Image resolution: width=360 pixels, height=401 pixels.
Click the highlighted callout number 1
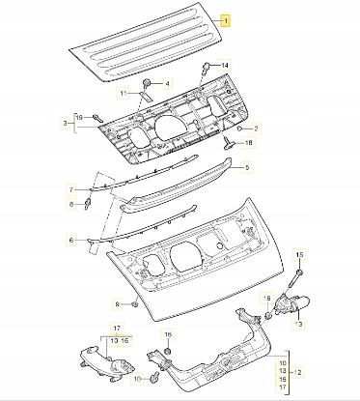click(x=226, y=21)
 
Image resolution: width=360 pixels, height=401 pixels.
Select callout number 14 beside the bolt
click(x=225, y=66)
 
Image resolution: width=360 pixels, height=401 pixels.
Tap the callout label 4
click(x=167, y=84)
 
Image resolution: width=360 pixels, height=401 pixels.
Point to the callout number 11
click(x=123, y=94)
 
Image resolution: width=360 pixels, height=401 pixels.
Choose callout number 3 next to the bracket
click(x=66, y=123)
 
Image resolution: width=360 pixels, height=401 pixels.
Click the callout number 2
click(x=256, y=129)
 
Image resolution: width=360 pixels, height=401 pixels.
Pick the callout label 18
click(x=249, y=142)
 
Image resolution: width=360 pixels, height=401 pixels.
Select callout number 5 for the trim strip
click(x=247, y=167)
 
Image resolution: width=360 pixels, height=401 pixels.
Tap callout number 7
click(x=71, y=189)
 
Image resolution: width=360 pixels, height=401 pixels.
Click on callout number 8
click(x=71, y=204)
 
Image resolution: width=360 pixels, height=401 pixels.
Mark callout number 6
click(x=71, y=240)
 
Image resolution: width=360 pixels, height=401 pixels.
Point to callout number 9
click(x=118, y=303)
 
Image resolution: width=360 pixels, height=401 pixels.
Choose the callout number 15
click(x=299, y=255)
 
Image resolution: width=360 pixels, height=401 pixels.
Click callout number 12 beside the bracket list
click(x=297, y=373)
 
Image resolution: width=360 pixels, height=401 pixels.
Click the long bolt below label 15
click(x=295, y=279)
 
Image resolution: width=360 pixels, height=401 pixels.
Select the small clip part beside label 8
click(x=87, y=204)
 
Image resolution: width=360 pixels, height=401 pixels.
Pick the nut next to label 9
click(x=135, y=303)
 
